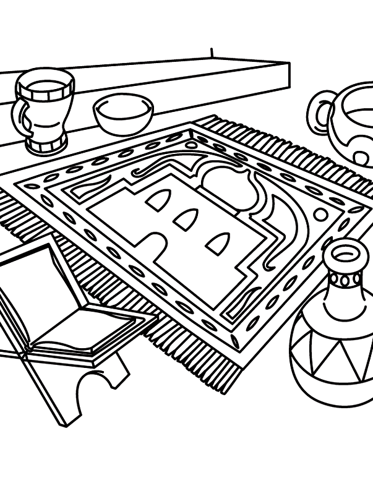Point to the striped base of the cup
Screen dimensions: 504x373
coord(46,144)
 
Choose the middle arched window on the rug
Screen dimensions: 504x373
coord(186,220)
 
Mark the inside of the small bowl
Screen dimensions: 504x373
coord(123,110)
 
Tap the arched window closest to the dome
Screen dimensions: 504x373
coord(218,243)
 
